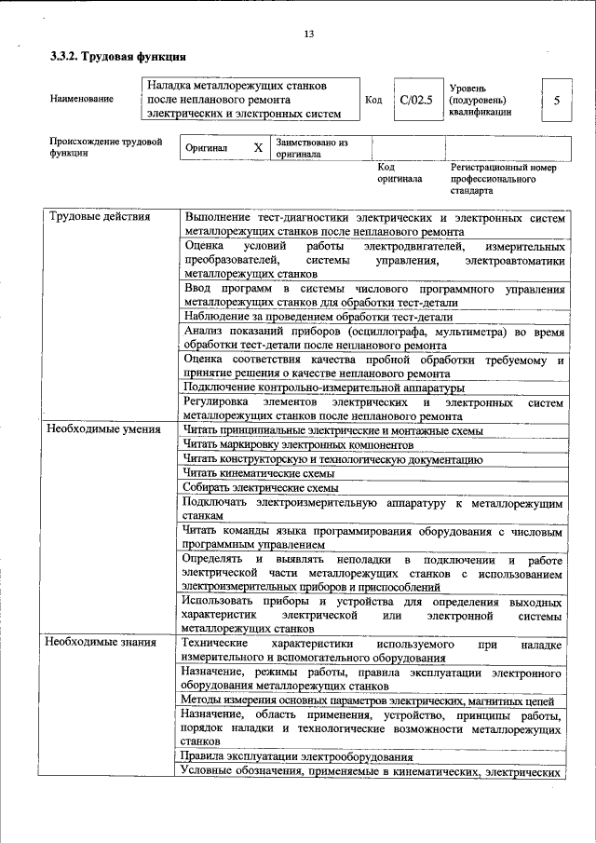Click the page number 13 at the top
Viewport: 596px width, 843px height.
[308, 34]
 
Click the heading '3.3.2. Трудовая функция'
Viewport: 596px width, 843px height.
[112, 57]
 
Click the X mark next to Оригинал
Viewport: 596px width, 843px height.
[258, 148]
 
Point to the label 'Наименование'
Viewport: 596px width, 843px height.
[82, 99]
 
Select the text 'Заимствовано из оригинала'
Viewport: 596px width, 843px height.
[311, 149]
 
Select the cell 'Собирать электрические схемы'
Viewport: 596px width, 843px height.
[261, 487]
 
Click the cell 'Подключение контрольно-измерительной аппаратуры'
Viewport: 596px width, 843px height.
[324, 388]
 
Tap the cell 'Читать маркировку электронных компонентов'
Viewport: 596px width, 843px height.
[304, 444]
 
